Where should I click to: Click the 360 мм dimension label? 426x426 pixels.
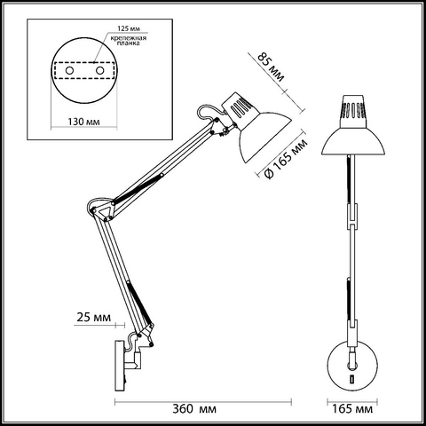(x=194, y=409)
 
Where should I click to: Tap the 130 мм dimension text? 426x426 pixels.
(x=83, y=122)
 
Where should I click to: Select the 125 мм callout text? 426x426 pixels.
(x=129, y=28)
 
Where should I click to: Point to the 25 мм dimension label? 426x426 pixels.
(x=93, y=317)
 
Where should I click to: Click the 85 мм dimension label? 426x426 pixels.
(x=271, y=67)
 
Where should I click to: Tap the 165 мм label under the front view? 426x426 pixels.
(x=352, y=409)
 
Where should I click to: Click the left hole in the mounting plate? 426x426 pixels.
(x=69, y=71)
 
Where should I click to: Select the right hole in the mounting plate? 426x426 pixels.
(x=99, y=71)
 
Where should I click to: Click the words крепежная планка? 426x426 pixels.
(x=129, y=41)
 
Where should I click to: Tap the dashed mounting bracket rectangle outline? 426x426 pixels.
(x=84, y=62)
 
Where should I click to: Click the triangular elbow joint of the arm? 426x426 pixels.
(x=103, y=210)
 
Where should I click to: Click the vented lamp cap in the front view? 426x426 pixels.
(x=353, y=112)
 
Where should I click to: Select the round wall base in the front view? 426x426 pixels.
(x=352, y=366)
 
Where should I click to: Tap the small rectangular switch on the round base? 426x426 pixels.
(x=352, y=379)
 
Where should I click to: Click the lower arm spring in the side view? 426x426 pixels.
(x=139, y=303)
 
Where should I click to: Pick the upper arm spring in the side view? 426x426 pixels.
(x=138, y=188)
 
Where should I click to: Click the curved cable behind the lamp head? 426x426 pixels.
(x=208, y=112)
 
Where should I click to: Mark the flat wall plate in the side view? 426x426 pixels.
(x=119, y=366)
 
